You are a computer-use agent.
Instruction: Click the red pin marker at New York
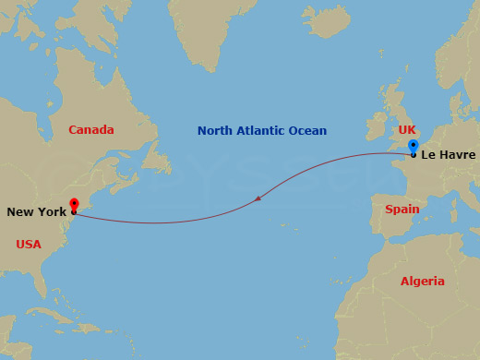(x=74, y=205)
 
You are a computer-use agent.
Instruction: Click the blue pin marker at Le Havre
(x=414, y=147)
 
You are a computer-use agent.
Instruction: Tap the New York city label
(x=36, y=212)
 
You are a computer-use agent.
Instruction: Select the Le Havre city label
(x=448, y=154)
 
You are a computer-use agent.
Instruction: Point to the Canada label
(x=91, y=130)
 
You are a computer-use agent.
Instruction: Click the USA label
(x=30, y=245)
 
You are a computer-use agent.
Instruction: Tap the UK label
(x=406, y=130)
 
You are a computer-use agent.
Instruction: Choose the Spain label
(x=402, y=210)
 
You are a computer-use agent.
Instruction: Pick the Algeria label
(x=422, y=281)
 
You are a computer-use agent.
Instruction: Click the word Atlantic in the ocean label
(x=262, y=131)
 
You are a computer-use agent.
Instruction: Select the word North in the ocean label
(x=214, y=131)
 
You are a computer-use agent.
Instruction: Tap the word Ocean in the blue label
(x=307, y=131)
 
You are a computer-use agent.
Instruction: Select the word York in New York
(x=52, y=212)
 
